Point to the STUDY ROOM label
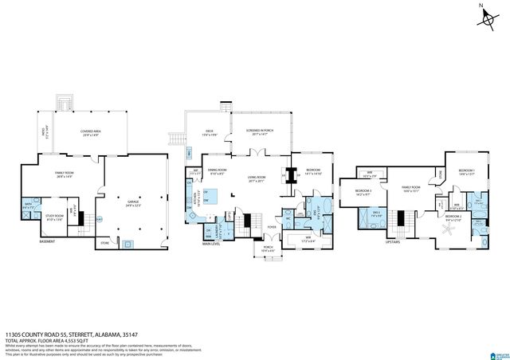[55, 215]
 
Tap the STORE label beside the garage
[104, 242]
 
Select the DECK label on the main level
[210, 131]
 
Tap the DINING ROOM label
[218, 171]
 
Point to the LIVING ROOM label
[257, 178]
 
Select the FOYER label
[272, 227]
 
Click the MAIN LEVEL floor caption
[211, 244]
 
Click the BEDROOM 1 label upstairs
[466, 172]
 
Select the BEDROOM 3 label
[363, 192]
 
